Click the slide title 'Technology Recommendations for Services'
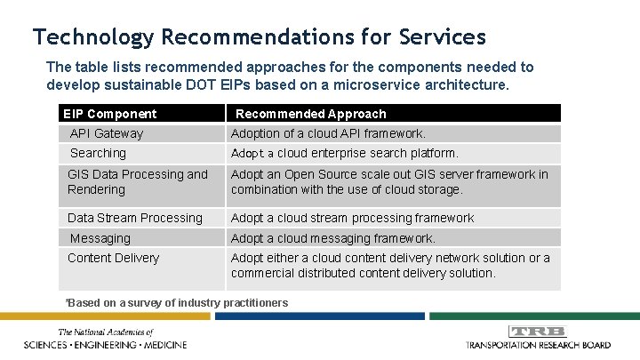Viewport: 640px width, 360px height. tap(259, 36)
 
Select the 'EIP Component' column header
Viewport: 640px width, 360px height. tap(109, 114)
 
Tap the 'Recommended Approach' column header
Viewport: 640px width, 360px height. tap(310, 114)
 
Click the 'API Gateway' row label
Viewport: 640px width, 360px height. tap(106, 133)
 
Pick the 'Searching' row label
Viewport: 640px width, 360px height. tap(98, 153)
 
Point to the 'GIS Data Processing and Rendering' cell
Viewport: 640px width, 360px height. tap(137, 182)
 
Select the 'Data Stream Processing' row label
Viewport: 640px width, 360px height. tap(134, 218)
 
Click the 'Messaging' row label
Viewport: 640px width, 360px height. tap(100, 238)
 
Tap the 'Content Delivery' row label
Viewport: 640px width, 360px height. tap(113, 258)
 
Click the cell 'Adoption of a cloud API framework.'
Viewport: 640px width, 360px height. tap(328, 133)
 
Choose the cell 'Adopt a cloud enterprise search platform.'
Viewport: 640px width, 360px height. tap(345, 153)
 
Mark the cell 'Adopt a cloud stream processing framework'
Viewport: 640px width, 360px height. tap(352, 218)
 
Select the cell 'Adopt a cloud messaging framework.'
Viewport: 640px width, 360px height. tap(333, 238)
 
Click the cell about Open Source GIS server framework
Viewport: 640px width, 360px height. tap(389, 182)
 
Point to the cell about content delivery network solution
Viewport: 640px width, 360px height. tap(390, 266)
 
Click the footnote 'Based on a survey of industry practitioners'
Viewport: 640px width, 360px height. tap(178, 303)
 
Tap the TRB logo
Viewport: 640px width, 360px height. tap(538, 332)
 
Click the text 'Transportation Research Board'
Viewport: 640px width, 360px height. tap(537, 344)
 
